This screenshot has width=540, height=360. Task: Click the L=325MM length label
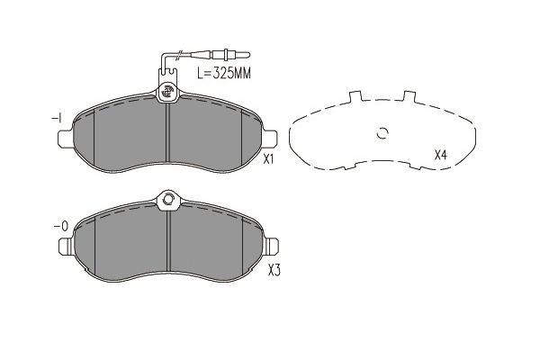224,73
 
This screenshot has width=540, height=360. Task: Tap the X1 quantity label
268,159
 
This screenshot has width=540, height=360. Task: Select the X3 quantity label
274,271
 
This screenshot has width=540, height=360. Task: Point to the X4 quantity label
440,156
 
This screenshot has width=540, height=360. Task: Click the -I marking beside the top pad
57,118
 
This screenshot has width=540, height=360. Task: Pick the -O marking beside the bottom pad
61,226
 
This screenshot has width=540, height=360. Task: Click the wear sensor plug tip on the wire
245,54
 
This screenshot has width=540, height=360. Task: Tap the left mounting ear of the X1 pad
65,139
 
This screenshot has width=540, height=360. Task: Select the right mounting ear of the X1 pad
270,138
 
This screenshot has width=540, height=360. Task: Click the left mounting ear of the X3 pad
66,247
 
